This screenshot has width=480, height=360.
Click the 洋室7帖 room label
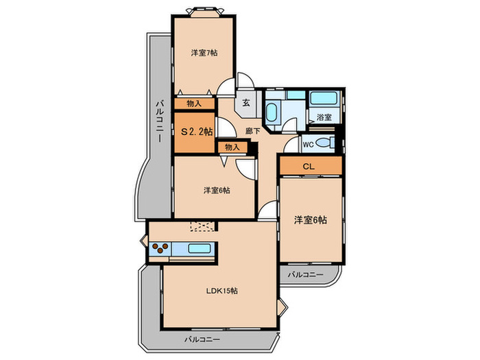[x=204, y=53]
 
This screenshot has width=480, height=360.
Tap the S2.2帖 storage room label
[x=196, y=132]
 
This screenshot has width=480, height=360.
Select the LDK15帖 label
[x=221, y=291]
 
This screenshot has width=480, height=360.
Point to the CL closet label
[x=309, y=167]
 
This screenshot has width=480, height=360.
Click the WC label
[x=309, y=145]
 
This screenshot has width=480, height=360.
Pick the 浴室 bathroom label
[x=324, y=117]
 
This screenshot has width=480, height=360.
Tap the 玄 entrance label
[x=246, y=103]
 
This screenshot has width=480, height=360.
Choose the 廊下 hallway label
[x=253, y=132]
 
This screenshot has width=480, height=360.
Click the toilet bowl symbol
[x=324, y=143]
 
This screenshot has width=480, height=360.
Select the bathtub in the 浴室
[x=324, y=98]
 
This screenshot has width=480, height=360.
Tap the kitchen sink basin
[x=200, y=248]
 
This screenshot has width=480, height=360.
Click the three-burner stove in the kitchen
[x=160, y=248]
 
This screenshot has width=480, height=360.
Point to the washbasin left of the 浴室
[x=272, y=112]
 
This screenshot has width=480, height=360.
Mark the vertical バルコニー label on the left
[x=159, y=121]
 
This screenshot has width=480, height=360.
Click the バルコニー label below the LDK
[x=202, y=339]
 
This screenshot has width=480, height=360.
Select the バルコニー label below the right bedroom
[x=305, y=274]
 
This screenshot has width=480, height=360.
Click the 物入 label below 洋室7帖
[x=194, y=104]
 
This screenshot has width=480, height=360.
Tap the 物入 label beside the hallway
[x=232, y=147]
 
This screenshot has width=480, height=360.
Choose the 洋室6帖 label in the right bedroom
[x=311, y=220]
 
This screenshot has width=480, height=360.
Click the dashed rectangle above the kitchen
[x=202, y=226]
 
